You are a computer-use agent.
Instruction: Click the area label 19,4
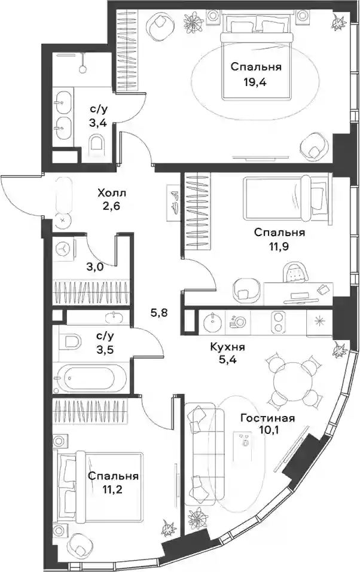255,82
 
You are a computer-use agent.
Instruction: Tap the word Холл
109,192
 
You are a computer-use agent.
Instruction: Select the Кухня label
227,347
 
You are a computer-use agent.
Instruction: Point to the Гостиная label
268,418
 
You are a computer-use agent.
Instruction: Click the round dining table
293,381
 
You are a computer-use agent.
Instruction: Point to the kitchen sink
212,323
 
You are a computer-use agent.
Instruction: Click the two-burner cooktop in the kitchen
279,322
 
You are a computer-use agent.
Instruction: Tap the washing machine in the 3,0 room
64,249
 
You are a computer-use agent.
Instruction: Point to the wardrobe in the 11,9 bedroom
197,211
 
